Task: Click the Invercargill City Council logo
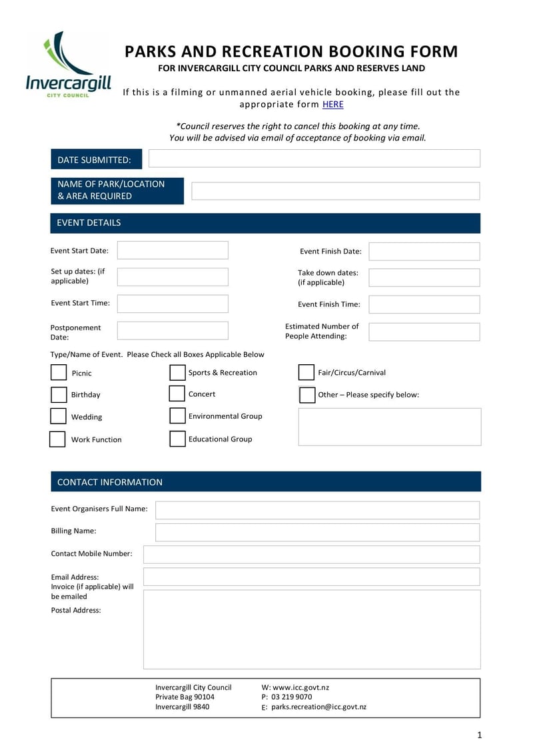pyautogui.click(x=67, y=65)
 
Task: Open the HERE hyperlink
pyautogui.click(x=332, y=105)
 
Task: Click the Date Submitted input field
pyautogui.click(x=314, y=158)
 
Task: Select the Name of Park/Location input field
pyautogui.click(x=335, y=191)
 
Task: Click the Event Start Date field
pyautogui.click(x=173, y=250)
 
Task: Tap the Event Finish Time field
pyautogui.click(x=424, y=304)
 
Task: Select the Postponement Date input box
pyautogui.click(x=173, y=331)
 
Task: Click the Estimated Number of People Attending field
pyautogui.click(x=424, y=332)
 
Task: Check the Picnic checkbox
pyautogui.click(x=59, y=372)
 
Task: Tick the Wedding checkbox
pyautogui.click(x=59, y=416)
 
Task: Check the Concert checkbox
pyautogui.click(x=177, y=393)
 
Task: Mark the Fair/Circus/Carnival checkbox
pyautogui.click(x=306, y=372)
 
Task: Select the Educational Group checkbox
pyautogui.click(x=177, y=439)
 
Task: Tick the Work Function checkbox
pyautogui.click(x=58, y=439)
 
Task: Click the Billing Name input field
pyautogui.click(x=317, y=532)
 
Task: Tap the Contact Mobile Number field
pyautogui.click(x=311, y=554)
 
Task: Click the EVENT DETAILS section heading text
pyautogui.click(x=89, y=223)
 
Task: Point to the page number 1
pyautogui.click(x=479, y=735)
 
